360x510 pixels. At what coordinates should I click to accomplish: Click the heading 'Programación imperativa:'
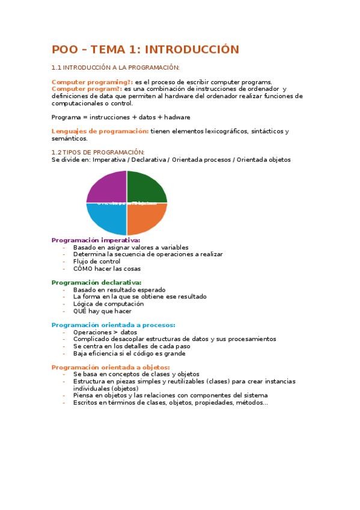coord(96,240)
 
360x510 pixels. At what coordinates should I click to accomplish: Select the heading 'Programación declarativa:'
coord(96,282)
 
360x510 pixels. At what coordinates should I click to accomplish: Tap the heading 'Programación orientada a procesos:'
coord(113,325)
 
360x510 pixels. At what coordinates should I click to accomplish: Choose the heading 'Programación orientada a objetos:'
coord(111,367)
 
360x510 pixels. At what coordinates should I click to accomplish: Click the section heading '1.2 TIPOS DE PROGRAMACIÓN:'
coord(98,152)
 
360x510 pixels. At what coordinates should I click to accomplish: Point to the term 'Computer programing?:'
coord(92,82)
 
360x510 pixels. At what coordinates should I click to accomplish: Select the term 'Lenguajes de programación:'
coord(100,131)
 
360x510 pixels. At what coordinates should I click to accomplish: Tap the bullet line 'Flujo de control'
coord(96,261)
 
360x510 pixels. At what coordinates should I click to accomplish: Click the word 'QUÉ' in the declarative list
coord(81,311)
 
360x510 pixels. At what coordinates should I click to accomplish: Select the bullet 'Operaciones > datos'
coord(105,332)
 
